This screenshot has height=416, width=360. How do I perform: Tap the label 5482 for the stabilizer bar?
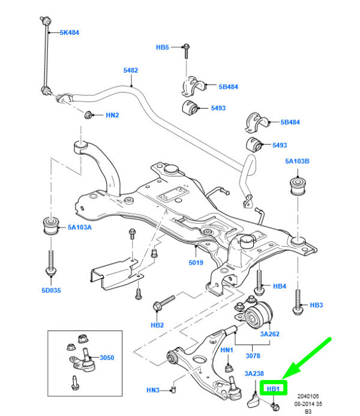point(131,70)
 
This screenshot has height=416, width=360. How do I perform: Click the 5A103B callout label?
point(297,161)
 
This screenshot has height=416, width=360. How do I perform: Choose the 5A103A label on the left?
point(80,228)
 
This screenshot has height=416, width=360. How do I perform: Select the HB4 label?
point(280,287)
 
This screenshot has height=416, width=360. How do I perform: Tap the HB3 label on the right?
point(317,306)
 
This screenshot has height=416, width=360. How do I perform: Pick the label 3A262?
point(270,333)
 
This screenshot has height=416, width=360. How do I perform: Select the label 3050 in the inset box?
point(106,357)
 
